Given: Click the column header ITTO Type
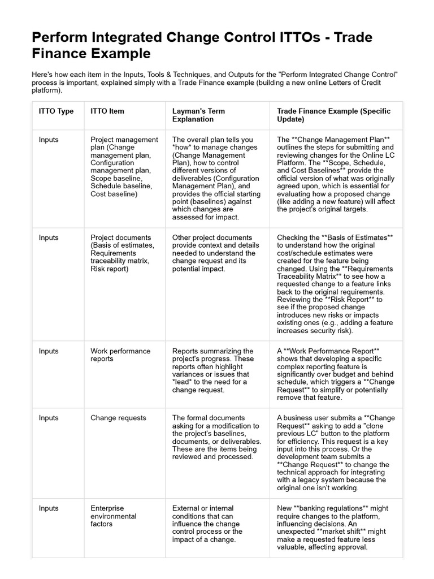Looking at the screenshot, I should [56, 111].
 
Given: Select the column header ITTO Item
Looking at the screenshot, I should [107, 111].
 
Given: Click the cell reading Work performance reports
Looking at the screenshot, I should [120, 355].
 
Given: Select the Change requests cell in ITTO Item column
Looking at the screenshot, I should [118, 418].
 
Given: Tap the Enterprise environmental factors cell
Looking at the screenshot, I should [114, 516].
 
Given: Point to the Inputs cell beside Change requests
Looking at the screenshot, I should [49, 418].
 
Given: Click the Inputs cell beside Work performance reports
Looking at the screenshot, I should [49, 351].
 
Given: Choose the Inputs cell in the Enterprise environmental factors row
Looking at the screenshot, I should [49, 508].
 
